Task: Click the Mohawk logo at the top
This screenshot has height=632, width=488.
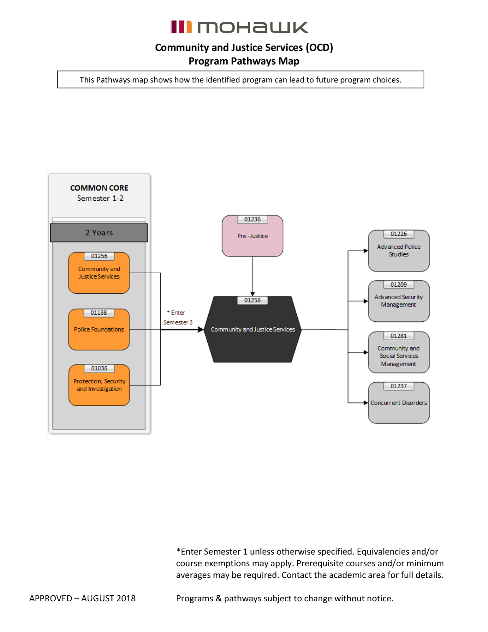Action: coord(240,27)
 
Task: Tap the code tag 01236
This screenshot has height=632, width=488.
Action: coord(252,219)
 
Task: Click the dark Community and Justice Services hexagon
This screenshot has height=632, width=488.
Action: coord(253,329)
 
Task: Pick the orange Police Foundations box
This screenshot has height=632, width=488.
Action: coord(99,330)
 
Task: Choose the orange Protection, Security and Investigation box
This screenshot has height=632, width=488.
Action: coord(99,385)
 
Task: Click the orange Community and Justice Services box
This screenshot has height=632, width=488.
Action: coord(99,273)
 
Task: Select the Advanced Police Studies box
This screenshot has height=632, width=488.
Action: coord(399,251)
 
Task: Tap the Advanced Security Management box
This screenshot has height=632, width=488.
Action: coord(399,301)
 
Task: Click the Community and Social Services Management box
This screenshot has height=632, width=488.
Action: coord(399,352)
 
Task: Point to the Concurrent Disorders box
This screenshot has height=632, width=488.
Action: coord(399,403)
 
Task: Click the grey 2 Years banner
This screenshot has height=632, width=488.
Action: coord(99,233)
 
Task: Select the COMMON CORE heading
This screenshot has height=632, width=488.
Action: coord(99,188)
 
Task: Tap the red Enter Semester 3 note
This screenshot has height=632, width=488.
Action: coord(178,317)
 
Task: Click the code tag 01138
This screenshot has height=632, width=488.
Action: coord(99,313)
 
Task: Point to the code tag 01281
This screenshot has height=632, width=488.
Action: coord(399,336)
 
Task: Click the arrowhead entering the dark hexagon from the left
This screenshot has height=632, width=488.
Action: coord(201,330)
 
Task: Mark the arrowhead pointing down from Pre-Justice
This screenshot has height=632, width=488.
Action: coord(253,294)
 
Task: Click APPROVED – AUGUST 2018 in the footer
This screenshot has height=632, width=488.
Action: coord(82,599)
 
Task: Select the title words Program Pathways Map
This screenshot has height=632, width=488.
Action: coord(244,61)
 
